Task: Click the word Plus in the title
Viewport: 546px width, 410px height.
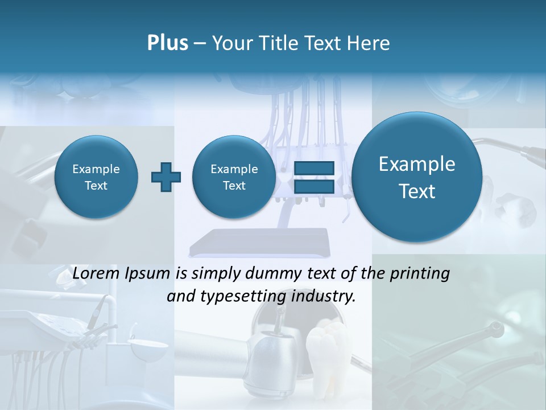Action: (x=167, y=43)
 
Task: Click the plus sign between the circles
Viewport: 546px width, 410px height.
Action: (x=166, y=177)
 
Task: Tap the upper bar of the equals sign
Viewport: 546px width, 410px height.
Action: (x=313, y=168)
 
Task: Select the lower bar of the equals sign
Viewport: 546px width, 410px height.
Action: (x=313, y=186)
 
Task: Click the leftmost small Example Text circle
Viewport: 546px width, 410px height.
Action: (x=96, y=177)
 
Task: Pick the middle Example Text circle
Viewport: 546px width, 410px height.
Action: (x=234, y=177)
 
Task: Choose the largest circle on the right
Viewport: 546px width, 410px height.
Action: (x=417, y=177)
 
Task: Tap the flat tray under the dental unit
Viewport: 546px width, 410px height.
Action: (x=260, y=242)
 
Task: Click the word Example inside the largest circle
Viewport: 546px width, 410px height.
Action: (x=417, y=164)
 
